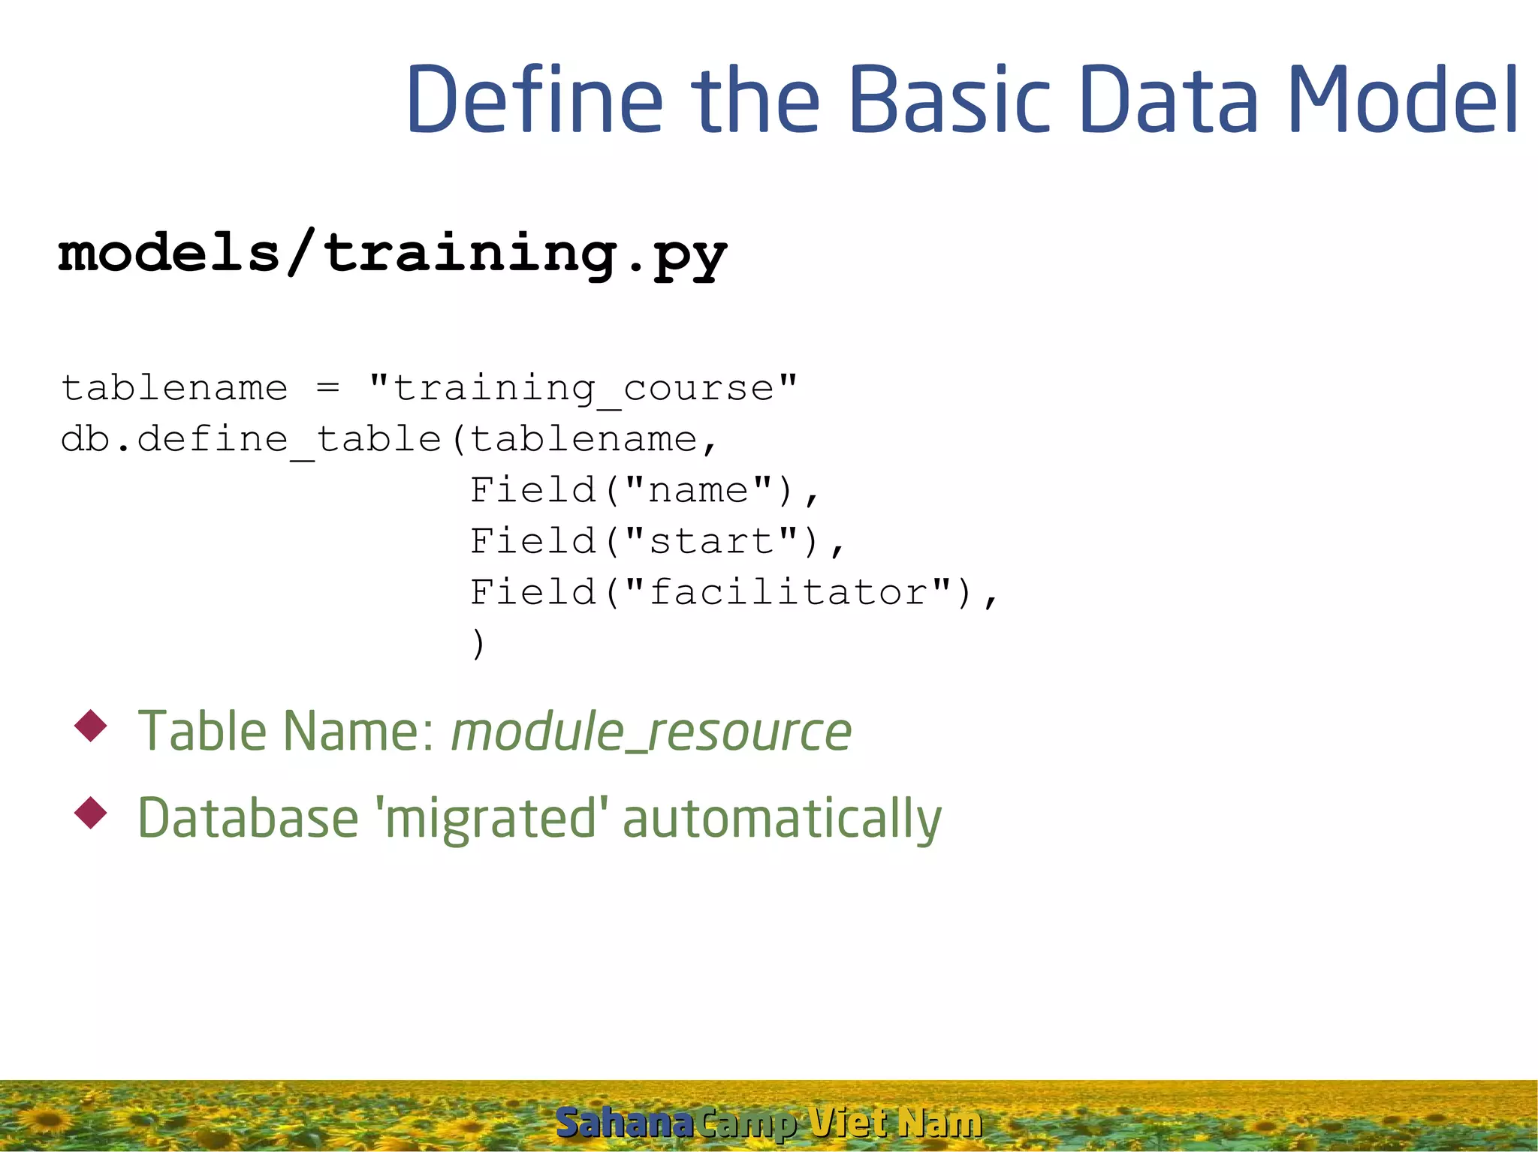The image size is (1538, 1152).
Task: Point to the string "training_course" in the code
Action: tap(583, 388)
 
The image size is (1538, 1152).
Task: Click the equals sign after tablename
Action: tap(327, 388)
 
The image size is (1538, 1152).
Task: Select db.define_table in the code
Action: tap(251, 439)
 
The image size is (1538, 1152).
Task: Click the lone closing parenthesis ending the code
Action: tap(478, 643)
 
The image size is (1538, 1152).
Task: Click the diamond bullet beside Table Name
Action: tap(91, 726)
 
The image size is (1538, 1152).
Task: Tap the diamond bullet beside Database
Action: tap(91, 813)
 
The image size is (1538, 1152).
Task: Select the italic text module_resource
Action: tap(651, 732)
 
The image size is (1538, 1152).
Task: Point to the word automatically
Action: tap(782, 818)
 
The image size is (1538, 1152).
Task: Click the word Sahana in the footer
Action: tap(623, 1123)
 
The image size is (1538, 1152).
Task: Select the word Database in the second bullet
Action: tap(248, 818)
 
